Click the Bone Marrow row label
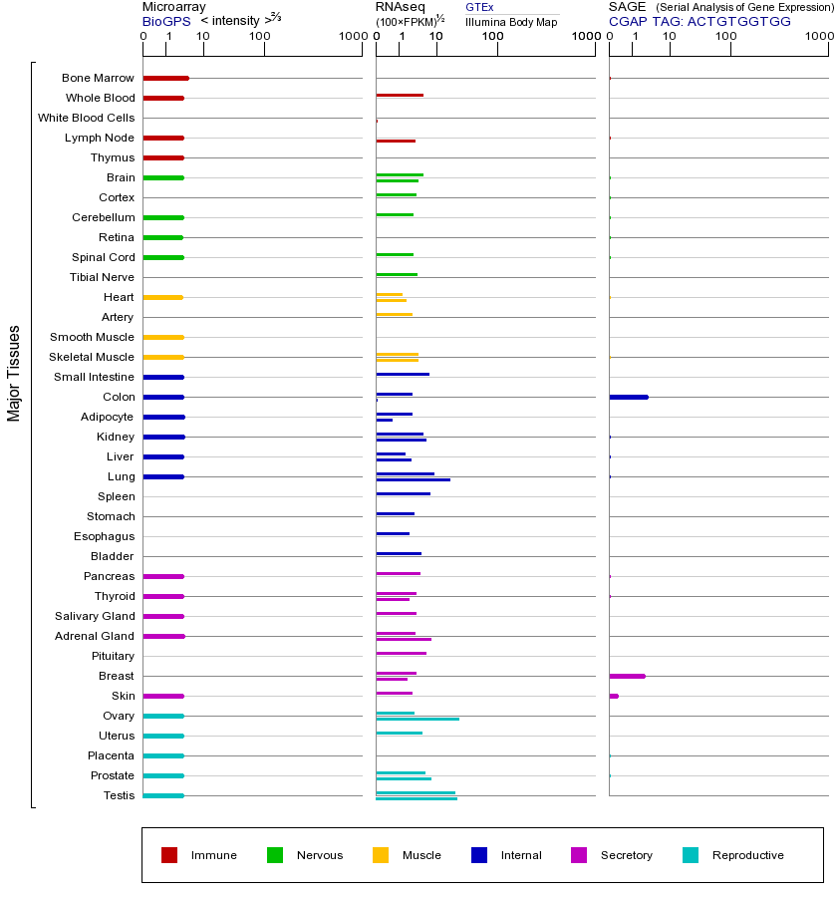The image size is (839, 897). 98,78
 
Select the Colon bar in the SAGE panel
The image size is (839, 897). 628,397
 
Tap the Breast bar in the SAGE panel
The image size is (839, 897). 627,676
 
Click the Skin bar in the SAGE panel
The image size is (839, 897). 614,696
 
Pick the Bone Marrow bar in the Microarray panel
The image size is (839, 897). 165,78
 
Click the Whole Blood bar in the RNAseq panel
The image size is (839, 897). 400,95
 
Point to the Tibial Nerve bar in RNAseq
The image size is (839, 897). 397,274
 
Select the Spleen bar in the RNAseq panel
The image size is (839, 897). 403,493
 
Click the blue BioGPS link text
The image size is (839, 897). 164,21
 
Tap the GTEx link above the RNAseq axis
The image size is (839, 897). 479,7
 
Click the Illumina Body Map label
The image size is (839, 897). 511,21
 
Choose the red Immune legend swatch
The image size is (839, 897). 169,855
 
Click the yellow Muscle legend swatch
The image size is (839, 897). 381,855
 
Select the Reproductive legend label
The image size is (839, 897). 747,855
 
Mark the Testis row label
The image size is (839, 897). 119,795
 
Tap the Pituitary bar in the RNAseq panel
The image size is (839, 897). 401,653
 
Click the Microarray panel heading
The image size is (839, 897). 174,7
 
